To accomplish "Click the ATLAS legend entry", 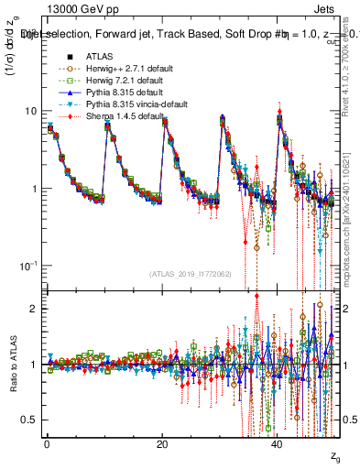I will click(x=90, y=55).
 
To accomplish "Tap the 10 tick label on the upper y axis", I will click(x=30, y=112).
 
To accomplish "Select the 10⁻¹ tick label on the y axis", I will click(x=27, y=266).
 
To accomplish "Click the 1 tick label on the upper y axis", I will click(x=34, y=189).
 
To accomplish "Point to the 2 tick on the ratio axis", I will click(x=34, y=309).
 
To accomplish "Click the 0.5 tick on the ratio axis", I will click(x=30, y=420).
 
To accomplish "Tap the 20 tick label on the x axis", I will click(x=162, y=444).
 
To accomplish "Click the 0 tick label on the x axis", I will click(x=46, y=444).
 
